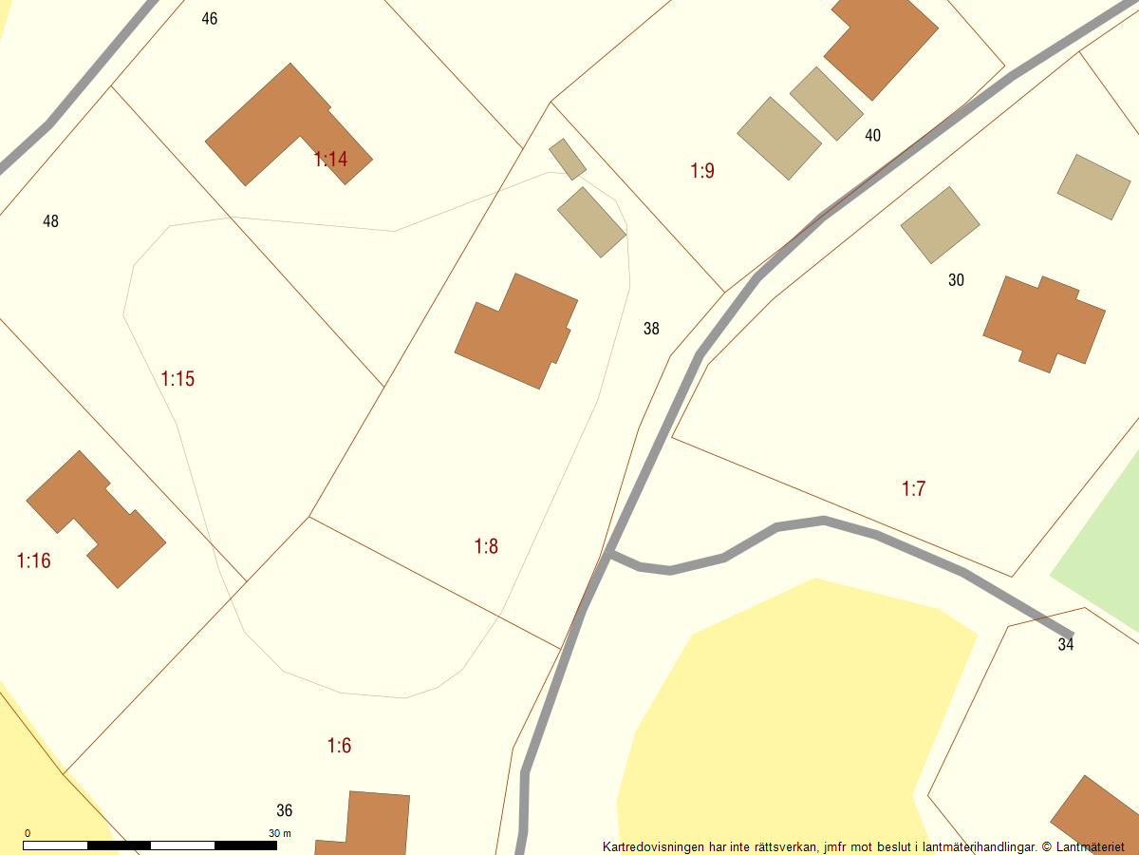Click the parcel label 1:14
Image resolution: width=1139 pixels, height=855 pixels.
tap(330, 160)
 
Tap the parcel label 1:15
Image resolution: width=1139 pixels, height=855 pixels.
tap(177, 379)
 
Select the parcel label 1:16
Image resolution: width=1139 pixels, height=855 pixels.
tap(34, 560)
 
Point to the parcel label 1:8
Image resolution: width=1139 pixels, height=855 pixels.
tap(486, 546)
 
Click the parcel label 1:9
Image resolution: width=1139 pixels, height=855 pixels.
tap(702, 171)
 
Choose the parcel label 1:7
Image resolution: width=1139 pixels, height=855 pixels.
tap(913, 489)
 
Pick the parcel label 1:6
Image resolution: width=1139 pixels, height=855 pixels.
tap(339, 746)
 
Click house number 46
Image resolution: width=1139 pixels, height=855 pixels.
tap(210, 19)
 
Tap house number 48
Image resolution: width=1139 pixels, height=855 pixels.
tap(51, 221)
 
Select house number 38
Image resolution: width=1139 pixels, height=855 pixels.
tap(651, 329)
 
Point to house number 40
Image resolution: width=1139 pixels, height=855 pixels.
tap(873, 136)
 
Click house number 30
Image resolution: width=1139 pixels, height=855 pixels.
tap(956, 280)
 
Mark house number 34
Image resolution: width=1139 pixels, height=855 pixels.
tap(1066, 645)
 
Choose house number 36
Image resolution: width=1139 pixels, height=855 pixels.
tap(285, 810)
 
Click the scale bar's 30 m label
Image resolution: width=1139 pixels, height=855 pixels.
tap(280, 833)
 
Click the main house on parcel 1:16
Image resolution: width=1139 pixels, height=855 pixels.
tap(96, 519)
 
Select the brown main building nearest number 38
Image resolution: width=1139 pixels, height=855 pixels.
tap(516, 332)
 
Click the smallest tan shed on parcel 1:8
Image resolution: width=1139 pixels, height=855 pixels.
tap(568, 159)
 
